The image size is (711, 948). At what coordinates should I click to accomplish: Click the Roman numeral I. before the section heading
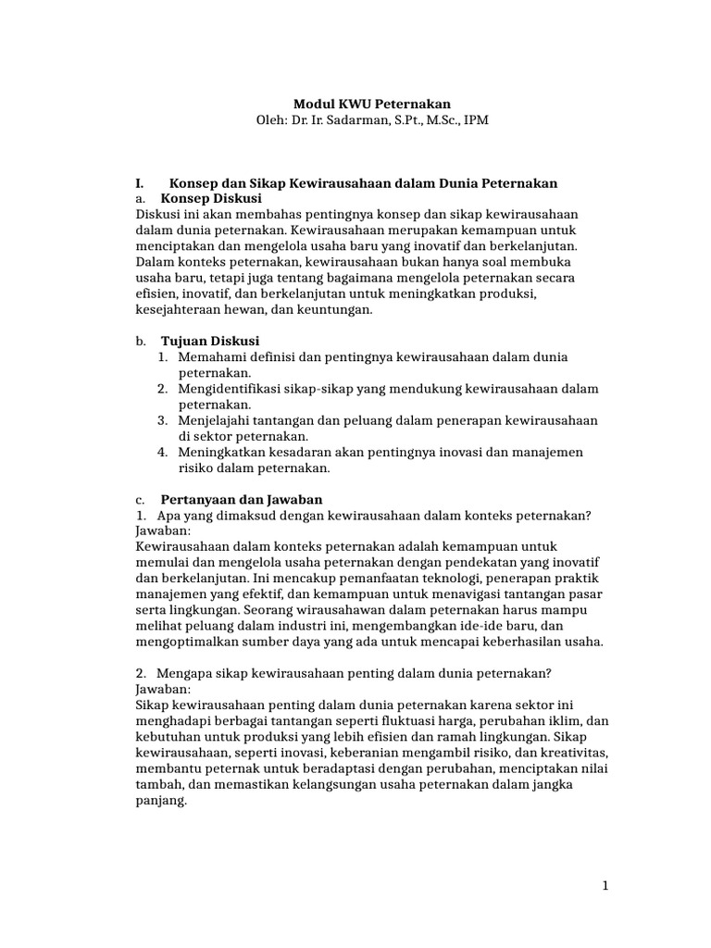(141, 183)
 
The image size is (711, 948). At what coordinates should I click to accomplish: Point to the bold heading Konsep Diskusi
(211, 198)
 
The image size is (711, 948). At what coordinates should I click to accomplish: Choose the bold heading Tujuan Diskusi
(210, 341)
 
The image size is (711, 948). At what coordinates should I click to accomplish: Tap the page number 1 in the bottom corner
(605, 886)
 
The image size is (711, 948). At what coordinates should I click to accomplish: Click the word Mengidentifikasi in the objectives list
(232, 388)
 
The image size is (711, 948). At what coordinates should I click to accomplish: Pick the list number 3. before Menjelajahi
(162, 420)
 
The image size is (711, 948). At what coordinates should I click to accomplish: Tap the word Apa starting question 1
(168, 515)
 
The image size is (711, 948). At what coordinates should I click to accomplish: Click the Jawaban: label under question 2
(163, 690)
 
